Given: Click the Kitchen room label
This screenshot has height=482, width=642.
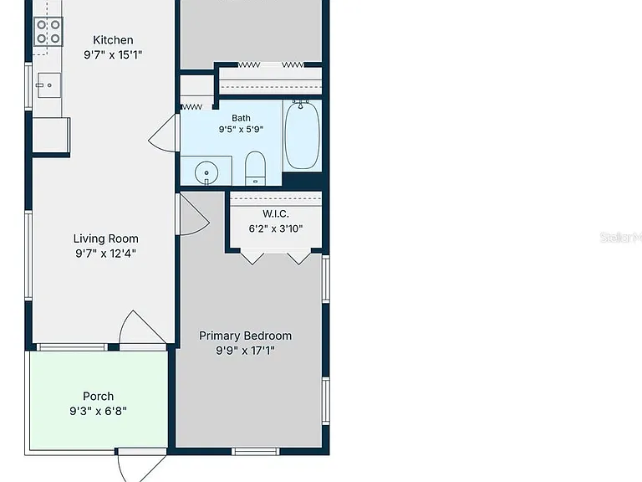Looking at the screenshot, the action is point(113,40).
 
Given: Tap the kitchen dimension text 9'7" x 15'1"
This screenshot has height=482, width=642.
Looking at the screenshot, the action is point(113,54).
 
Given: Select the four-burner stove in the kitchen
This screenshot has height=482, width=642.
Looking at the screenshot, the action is point(48,32).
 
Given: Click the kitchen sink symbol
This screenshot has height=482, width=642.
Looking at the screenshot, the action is point(49,85).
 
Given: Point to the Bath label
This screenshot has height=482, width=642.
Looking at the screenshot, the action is point(241,118).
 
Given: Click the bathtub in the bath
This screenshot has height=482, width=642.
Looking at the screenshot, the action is point(302,135).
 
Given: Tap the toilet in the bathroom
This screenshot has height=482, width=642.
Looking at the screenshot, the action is point(255,168).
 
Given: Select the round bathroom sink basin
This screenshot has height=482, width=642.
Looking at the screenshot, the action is point(206,173).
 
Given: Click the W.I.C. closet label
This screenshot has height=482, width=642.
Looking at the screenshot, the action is point(276,213).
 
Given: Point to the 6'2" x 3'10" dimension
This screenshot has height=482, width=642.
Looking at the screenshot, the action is point(276,228).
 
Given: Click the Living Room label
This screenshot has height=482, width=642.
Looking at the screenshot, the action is point(105,238).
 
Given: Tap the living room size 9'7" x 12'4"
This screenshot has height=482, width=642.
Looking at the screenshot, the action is point(105,254).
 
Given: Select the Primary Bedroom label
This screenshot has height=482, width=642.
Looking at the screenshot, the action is point(245,336).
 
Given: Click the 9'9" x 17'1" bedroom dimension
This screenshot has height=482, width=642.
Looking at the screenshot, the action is point(245,351).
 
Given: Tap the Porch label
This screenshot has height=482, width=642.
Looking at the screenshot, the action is point(99,397).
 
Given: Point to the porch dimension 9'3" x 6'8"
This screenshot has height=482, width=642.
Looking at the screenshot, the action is point(99,411).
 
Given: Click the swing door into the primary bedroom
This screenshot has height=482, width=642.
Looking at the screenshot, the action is point(194,213).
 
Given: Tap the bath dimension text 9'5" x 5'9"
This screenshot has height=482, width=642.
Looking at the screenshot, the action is point(241,130).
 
